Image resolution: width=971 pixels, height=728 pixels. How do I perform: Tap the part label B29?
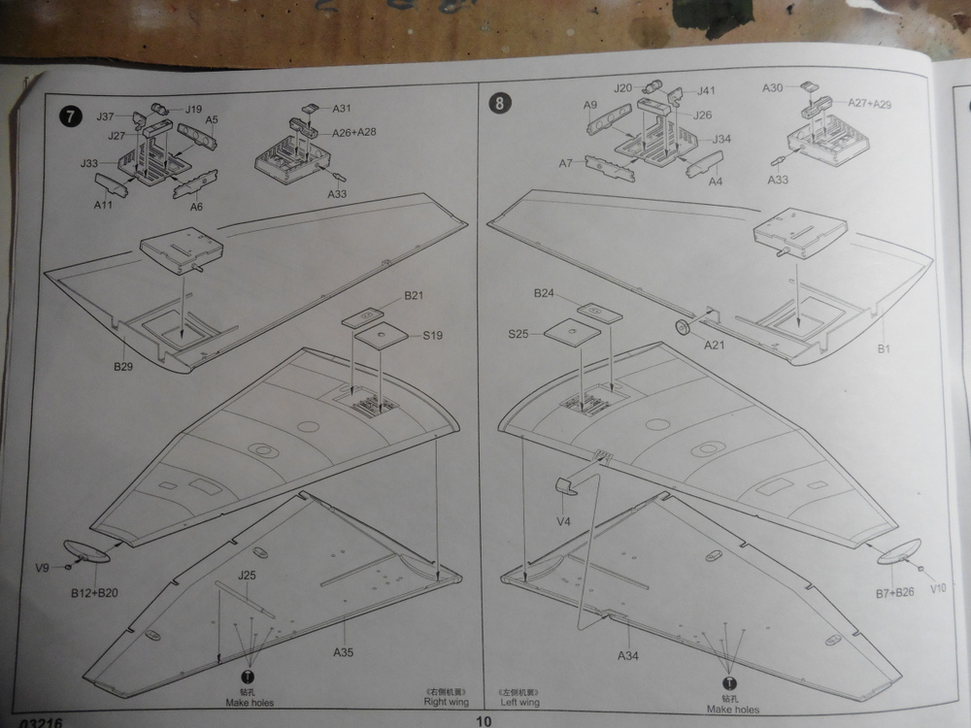coord(122,366)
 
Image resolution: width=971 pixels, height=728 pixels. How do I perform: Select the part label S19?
coord(433,336)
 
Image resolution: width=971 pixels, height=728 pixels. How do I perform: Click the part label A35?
coord(344,652)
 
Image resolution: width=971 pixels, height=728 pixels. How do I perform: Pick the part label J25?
coord(247,575)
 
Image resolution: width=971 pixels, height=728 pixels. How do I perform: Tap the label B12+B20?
coord(93,592)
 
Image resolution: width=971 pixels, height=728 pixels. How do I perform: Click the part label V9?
coord(42,568)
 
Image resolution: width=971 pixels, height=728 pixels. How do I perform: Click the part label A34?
coord(628,655)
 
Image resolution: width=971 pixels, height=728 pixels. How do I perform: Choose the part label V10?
coord(936,587)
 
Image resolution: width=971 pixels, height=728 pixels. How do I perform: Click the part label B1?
coord(884,347)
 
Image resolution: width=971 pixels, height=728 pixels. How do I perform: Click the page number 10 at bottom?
coord(485,720)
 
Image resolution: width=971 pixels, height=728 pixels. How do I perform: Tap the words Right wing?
coord(440,701)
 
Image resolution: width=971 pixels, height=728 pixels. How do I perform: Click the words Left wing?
coord(520,701)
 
